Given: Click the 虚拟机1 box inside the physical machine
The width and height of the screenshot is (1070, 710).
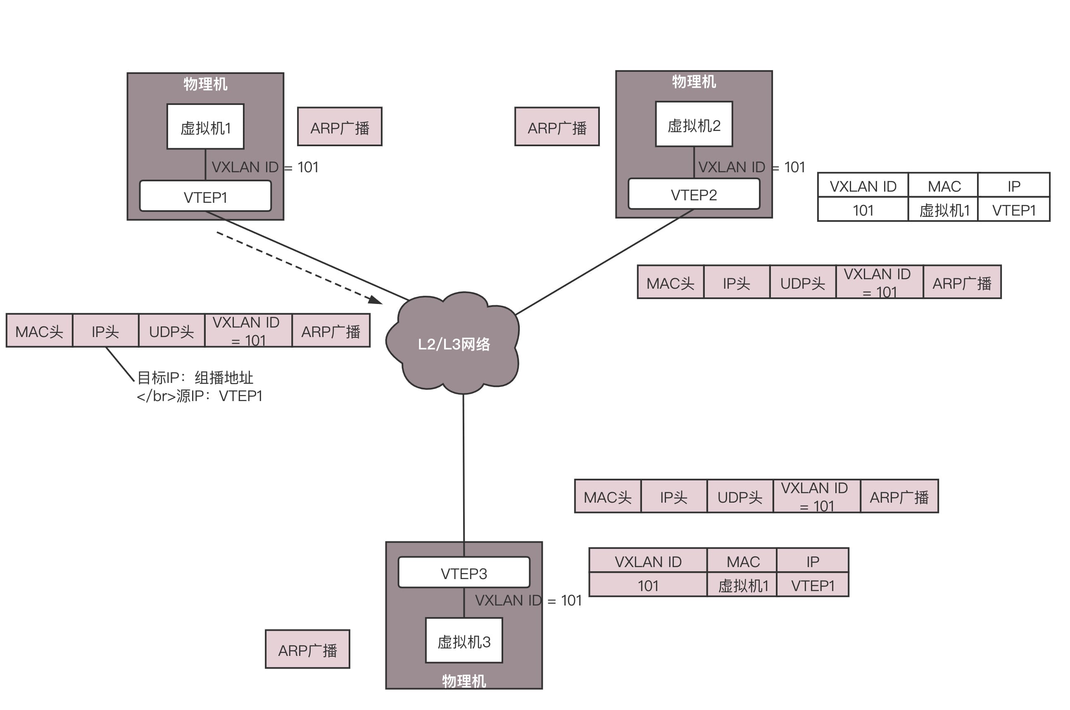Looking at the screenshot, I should coord(205,126).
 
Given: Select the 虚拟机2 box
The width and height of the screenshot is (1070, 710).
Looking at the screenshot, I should coord(693,124).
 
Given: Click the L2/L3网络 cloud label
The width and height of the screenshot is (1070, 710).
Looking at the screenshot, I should coord(453,344).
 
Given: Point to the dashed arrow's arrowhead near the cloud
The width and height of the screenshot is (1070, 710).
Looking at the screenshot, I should coord(376,300).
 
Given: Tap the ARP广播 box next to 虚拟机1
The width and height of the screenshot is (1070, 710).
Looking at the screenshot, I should coord(339,127).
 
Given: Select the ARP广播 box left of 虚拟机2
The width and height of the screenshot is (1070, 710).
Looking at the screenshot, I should coord(556,127).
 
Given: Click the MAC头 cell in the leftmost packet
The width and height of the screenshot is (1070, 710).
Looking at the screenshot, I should coord(39,331).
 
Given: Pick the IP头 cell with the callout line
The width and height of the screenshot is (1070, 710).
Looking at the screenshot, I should coord(105,331).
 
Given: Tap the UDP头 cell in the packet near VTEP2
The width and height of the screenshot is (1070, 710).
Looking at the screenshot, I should coord(802,283).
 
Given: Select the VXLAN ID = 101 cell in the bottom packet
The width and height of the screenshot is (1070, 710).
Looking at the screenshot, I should coord(816,496).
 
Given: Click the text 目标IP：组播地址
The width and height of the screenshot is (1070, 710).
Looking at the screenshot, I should coord(195,377).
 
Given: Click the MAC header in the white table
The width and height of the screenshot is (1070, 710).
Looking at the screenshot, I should coord(944,185).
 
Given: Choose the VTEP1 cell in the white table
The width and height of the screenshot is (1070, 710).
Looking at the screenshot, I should coord(1013,210).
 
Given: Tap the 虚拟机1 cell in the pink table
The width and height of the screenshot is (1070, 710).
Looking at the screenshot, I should coord(743,585).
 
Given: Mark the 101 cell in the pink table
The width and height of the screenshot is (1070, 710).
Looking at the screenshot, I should coord(647,585).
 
